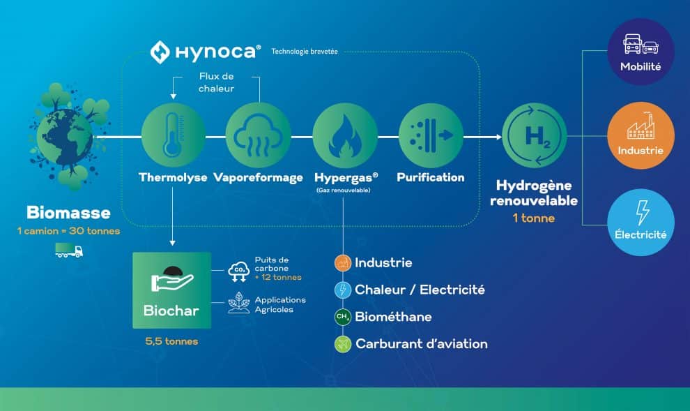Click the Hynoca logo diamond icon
(x=160, y=52)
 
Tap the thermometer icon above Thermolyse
(x=174, y=135)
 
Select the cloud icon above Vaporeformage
(x=259, y=135)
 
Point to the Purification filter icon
(x=431, y=135)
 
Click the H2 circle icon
(x=535, y=135)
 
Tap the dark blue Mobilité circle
(x=641, y=52)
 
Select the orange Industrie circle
(x=641, y=135)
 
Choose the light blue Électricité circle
(x=641, y=222)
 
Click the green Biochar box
(x=171, y=290)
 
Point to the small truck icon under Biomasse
(x=69, y=251)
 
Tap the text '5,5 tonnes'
(x=171, y=341)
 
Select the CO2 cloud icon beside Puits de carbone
(x=239, y=271)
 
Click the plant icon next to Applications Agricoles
(x=239, y=303)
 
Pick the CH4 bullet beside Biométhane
(x=342, y=317)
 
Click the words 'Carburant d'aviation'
(x=422, y=343)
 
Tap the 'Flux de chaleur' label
(x=216, y=82)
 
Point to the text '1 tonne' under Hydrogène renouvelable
(x=534, y=218)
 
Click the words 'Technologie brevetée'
(x=305, y=52)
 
